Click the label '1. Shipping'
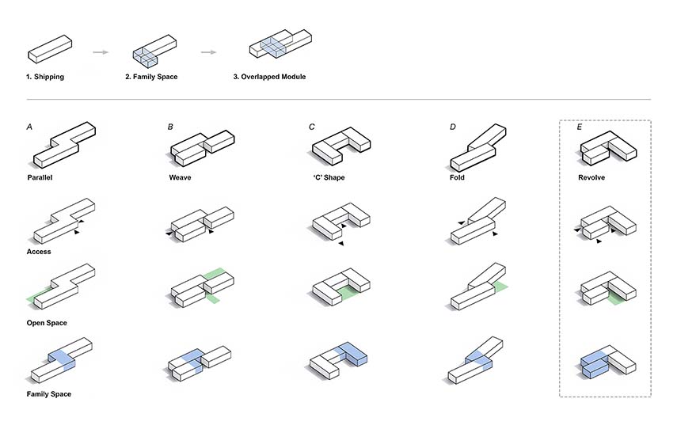point(45,77)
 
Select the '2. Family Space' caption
point(151,77)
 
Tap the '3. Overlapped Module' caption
point(269,77)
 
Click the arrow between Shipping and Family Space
point(101,52)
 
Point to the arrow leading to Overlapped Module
point(208,52)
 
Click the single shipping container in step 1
point(50,49)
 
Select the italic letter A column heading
point(29,127)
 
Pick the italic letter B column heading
point(170,127)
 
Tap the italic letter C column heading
point(312,127)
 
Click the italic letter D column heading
point(452,127)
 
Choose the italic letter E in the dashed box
point(580,127)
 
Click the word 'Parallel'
point(40,177)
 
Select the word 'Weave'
point(180,177)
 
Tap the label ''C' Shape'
point(329,177)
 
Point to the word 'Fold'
point(457,177)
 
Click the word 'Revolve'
point(591,177)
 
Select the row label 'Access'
point(39,252)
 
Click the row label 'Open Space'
point(47,323)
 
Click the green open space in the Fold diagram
point(500,288)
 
